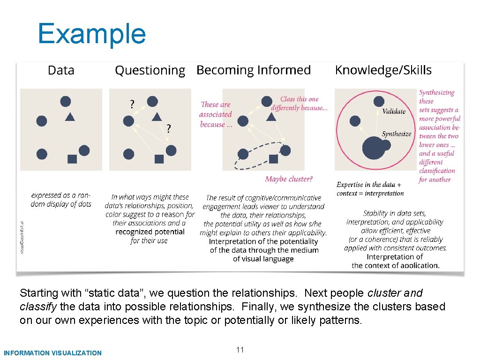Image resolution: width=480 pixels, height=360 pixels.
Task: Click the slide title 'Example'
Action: pyautogui.click(x=92, y=34)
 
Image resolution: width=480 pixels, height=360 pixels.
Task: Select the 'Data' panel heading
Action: pyautogui.click(x=61, y=71)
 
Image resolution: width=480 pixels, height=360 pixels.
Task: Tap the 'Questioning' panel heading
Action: pyautogui.click(x=150, y=71)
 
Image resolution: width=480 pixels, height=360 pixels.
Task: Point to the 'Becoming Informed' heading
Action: pyautogui.click(x=254, y=70)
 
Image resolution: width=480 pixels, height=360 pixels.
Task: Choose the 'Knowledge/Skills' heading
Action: pyautogui.click(x=383, y=70)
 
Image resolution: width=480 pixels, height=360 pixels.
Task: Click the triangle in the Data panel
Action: pyautogui.click(x=69, y=117)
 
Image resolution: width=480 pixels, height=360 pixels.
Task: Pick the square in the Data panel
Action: pyautogui.click(x=72, y=159)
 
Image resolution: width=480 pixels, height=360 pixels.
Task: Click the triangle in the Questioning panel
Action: pyautogui.click(x=157, y=117)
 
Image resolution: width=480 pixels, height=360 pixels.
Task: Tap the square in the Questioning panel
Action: pyautogui.click(x=159, y=159)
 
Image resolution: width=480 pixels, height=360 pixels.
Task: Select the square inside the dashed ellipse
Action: pyautogui.click(x=273, y=159)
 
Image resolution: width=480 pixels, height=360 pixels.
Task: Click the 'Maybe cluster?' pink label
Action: pyautogui.click(x=289, y=179)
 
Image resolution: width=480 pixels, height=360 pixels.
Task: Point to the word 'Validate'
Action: pyautogui.click(x=394, y=112)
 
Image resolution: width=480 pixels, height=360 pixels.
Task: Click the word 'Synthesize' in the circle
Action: pyautogui.click(x=397, y=134)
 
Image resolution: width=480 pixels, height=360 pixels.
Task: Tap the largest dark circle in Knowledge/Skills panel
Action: pyautogui.click(x=374, y=148)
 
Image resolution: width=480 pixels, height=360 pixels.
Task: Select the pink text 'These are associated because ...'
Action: pyautogui.click(x=216, y=114)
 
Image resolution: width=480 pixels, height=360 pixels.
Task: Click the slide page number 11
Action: pyautogui.click(x=240, y=350)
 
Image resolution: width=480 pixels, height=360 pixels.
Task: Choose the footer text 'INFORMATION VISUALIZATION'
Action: pyautogui.click(x=52, y=353)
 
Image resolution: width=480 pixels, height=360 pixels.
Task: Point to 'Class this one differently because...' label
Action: pyautogui.click(x=299, y=104)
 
